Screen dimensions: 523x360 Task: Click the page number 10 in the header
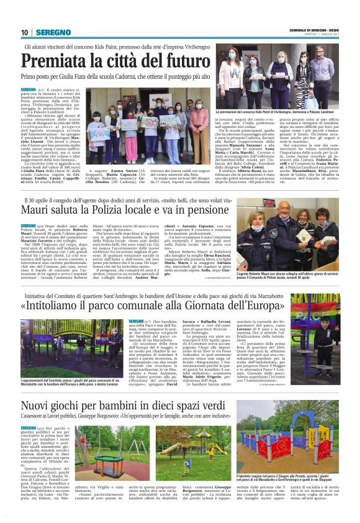[x=24, y=32]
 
